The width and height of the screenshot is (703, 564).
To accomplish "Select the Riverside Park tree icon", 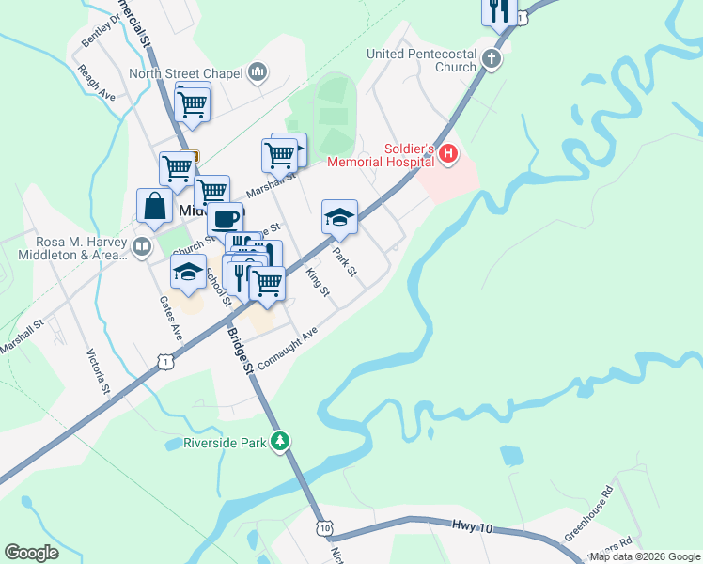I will pyautogui.click(x=279, y=442).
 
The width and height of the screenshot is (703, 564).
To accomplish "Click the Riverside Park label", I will pyautogui.click(x=225, y=442).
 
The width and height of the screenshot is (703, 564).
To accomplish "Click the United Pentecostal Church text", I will pyautogui.click(x=422, y=60).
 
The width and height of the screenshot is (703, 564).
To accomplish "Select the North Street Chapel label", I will pyautogui.click(x=185, y=73).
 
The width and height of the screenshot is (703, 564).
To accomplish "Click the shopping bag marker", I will pyautogui.click(x=154, y=206).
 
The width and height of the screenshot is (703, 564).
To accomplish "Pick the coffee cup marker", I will pyautogui.click(x=225, y=219).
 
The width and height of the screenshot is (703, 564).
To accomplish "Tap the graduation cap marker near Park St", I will pyautogui.click(x=339, y=217).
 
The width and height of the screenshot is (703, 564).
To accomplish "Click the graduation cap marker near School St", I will pyautogui.click(x=188, y=271).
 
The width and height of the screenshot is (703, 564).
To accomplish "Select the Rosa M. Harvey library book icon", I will pyautogui.click(x=142, y=247).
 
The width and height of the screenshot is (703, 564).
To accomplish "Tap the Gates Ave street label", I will pyautogui.click(x=170, y=319).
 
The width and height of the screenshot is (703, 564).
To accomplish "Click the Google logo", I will pyautogui.click(x=31, y=553).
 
